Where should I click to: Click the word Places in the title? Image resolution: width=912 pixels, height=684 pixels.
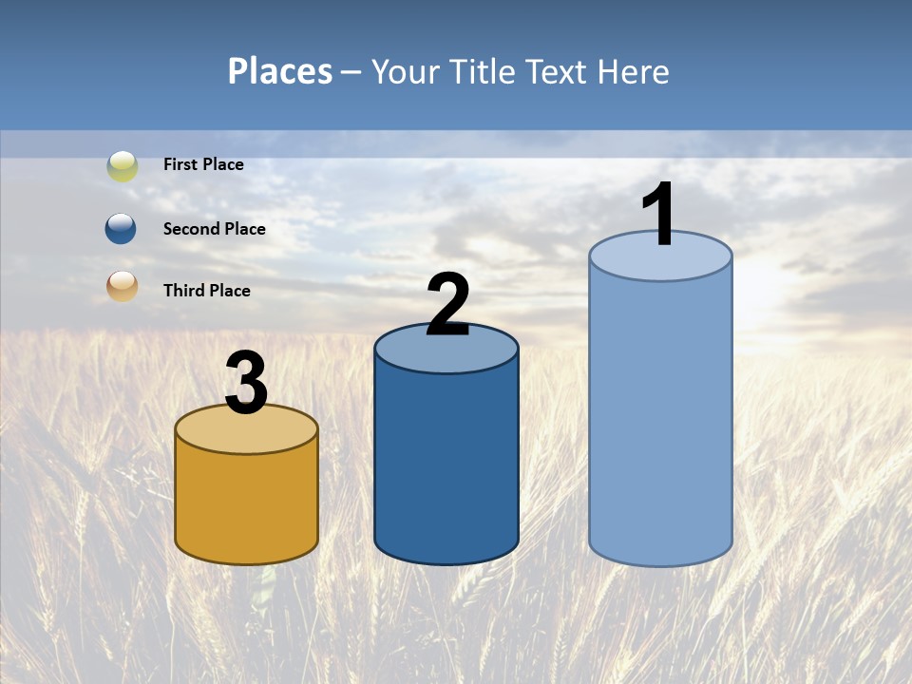click(x=280, y=71)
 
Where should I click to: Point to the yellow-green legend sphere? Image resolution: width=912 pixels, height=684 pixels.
click(x=122, y=165)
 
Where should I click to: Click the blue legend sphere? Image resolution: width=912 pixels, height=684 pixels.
click(x=121, y=229)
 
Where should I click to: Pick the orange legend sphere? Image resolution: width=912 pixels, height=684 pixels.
click(x=122, y=286)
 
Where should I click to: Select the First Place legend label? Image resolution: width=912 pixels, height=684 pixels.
click(x=203, y=164)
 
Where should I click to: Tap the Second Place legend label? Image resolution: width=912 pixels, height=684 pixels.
click(x=214, y=229)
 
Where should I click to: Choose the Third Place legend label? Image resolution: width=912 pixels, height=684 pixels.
click(x=206, y=291)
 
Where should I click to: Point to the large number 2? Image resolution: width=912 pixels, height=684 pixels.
click(x=447, y=304)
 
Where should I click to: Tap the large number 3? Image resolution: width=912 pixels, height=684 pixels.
click(x=246, y=383)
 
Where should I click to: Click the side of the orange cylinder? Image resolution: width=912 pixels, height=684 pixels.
click(x=247, y=503)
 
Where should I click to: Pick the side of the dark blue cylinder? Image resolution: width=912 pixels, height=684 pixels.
click(x=446, y=465)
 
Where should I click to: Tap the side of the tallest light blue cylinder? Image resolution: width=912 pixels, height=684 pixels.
click(x=660, y=418)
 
